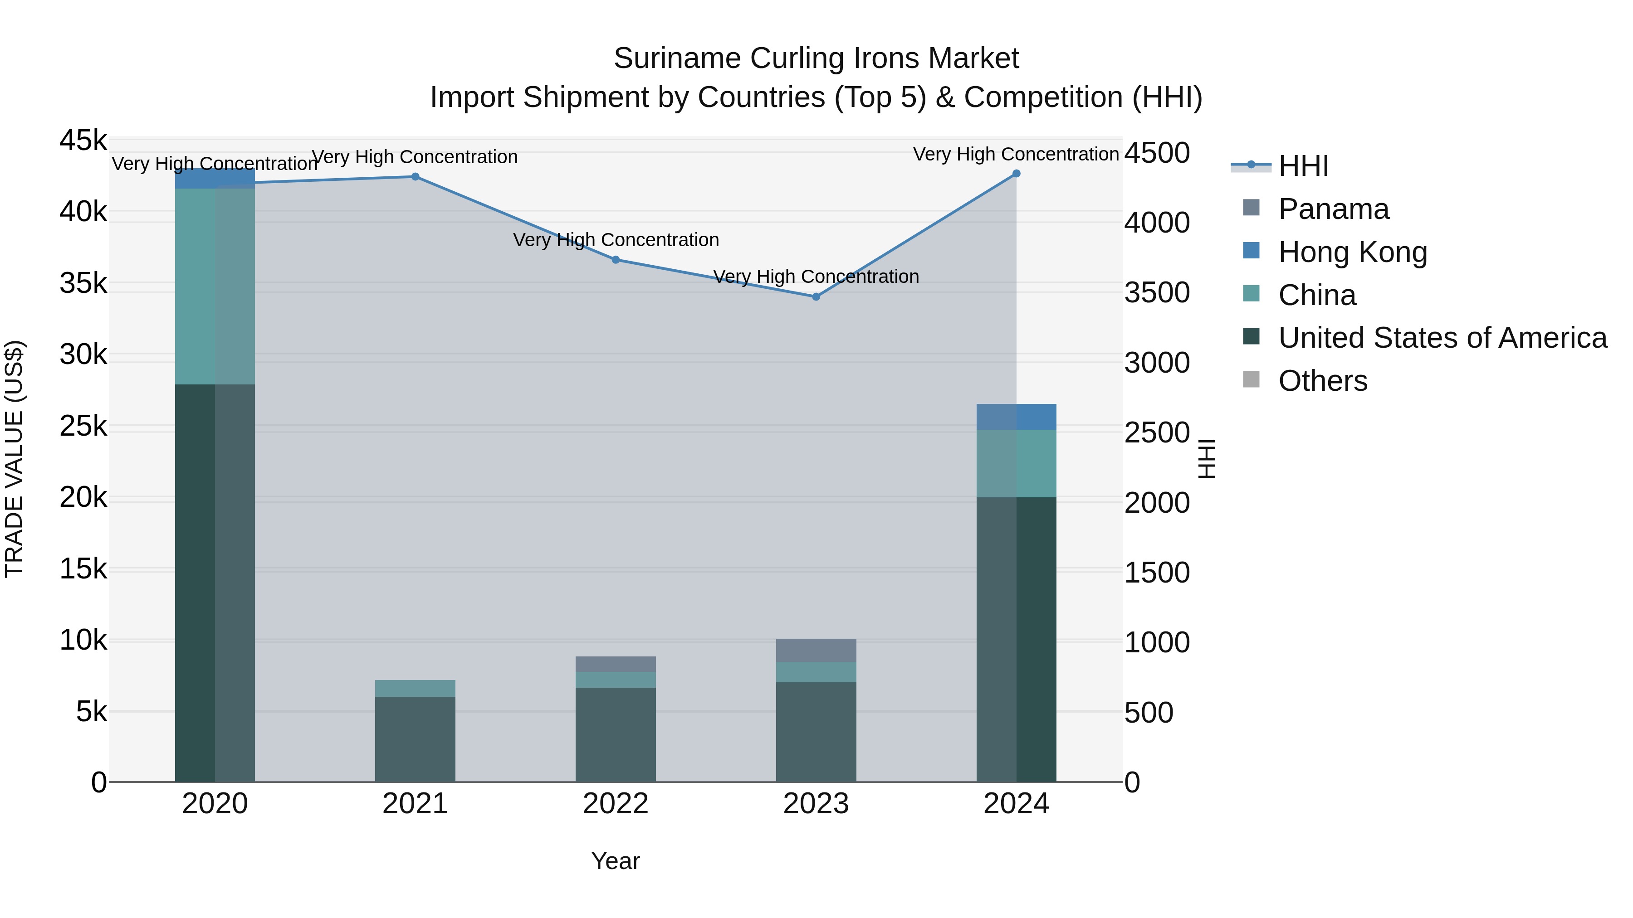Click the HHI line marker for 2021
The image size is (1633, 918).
415,177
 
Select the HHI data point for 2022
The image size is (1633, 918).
616,260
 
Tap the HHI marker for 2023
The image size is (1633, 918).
816,296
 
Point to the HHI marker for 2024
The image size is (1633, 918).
1016,174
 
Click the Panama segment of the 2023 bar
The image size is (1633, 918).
816,650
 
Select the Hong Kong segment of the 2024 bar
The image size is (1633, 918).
1016,417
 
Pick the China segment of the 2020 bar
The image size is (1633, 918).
215,287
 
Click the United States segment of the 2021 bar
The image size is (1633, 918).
415,739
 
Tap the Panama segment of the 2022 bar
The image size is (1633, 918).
616,664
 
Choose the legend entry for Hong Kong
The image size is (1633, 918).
1352,252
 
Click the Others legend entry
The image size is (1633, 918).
1322,381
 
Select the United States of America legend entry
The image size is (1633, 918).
1442,338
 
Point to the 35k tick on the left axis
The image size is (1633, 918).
83,283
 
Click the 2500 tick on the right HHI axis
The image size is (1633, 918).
1157,433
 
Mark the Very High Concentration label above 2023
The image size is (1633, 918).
816,277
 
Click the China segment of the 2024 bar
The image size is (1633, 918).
1016,464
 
